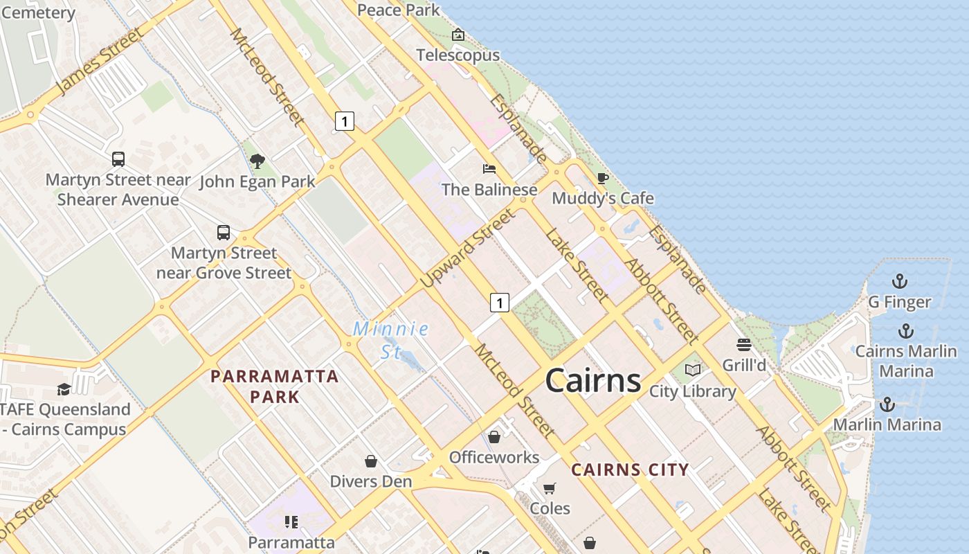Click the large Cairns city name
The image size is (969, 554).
593,381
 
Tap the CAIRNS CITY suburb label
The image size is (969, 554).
630,470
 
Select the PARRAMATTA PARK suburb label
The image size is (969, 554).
275,386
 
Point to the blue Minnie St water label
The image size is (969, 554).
391,339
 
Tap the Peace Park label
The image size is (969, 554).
399,10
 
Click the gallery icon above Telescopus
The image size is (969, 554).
458,35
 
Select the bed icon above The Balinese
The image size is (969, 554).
489,168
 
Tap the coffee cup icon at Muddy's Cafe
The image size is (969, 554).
603,178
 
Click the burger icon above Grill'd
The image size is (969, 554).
744,344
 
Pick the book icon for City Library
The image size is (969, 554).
692,370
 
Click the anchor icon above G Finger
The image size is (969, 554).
899,281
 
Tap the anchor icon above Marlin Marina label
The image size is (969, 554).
887,404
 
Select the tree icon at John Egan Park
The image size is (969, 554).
257,161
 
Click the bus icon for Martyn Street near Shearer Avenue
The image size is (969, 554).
118,159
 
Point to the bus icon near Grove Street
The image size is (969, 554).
224,233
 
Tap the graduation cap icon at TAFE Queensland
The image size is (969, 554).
64,389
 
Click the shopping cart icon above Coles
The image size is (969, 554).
550,489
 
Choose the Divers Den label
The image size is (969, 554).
371,481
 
